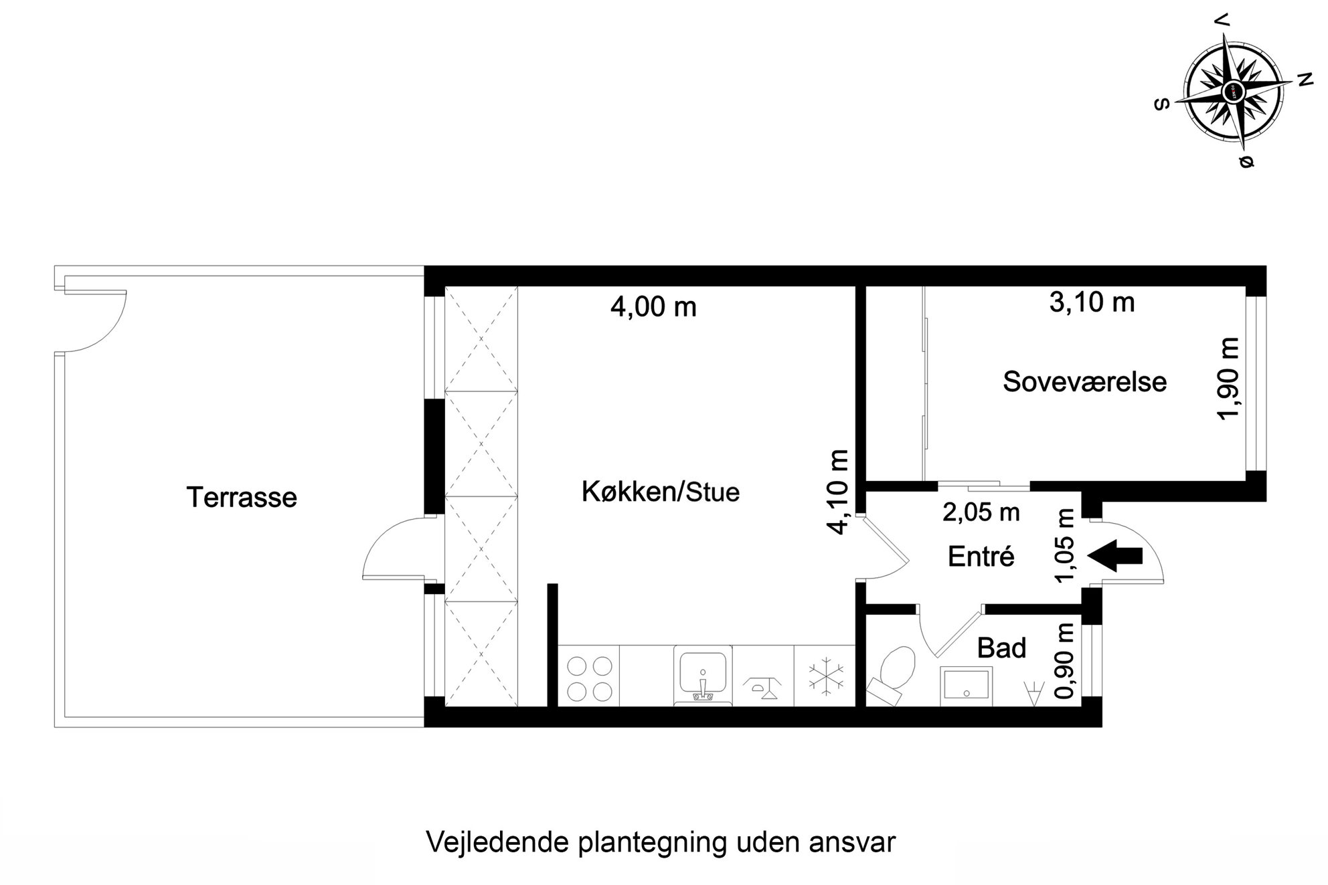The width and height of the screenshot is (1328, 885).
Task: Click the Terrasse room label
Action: [x=242, y=498]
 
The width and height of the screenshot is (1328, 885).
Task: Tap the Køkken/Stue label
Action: [x=661, y=492]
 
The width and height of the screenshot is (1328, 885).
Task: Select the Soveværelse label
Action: [x=1084, y=382]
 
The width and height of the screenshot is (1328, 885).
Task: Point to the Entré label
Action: [x=981, y=557]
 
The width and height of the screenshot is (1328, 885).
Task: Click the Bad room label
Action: [x=1001, y=648]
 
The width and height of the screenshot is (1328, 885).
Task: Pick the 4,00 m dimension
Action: [x=653, y=307]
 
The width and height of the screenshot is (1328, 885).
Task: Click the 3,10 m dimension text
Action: [x=1092, y=302]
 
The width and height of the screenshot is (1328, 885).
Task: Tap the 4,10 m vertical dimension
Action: [x=838, y=492]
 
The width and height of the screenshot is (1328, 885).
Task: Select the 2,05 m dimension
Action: [x=981, y=512]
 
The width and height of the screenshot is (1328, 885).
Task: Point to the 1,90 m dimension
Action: [x=1228, y=379]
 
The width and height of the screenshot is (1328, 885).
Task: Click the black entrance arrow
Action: [x=1115, y=555]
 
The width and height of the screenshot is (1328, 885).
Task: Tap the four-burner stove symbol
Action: [x=589, y=678]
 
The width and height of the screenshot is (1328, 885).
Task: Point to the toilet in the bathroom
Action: [x=893, y=674]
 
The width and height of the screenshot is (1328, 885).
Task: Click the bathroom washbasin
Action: [x=967, y=686]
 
